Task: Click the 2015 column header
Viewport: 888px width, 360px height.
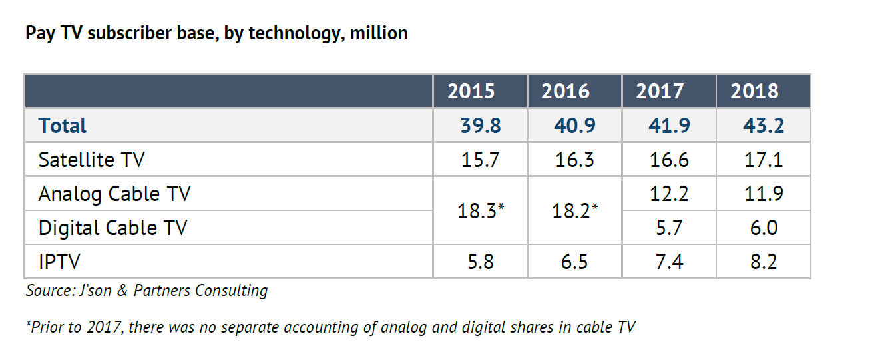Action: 471,91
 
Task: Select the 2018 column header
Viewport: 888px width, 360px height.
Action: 754,91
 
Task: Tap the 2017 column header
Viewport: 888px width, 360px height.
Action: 660,91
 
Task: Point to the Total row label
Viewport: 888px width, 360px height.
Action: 63,126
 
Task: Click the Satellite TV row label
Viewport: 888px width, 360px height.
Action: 92,160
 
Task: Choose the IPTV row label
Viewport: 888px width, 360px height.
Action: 59,262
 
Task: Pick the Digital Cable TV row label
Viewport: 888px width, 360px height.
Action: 113,228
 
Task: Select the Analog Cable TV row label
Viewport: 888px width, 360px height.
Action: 114,194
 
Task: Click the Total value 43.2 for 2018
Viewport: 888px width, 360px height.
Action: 762,126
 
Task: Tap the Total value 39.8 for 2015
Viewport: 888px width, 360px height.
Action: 480,126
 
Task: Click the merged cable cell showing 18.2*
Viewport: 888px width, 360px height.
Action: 574,210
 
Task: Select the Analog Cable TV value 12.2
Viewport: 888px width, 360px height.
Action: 668,194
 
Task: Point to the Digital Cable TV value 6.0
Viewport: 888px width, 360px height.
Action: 763,228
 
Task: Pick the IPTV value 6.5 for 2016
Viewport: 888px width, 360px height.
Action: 574,262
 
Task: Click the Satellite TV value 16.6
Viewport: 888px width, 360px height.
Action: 668,160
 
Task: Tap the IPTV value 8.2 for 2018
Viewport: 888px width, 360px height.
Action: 763,262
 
